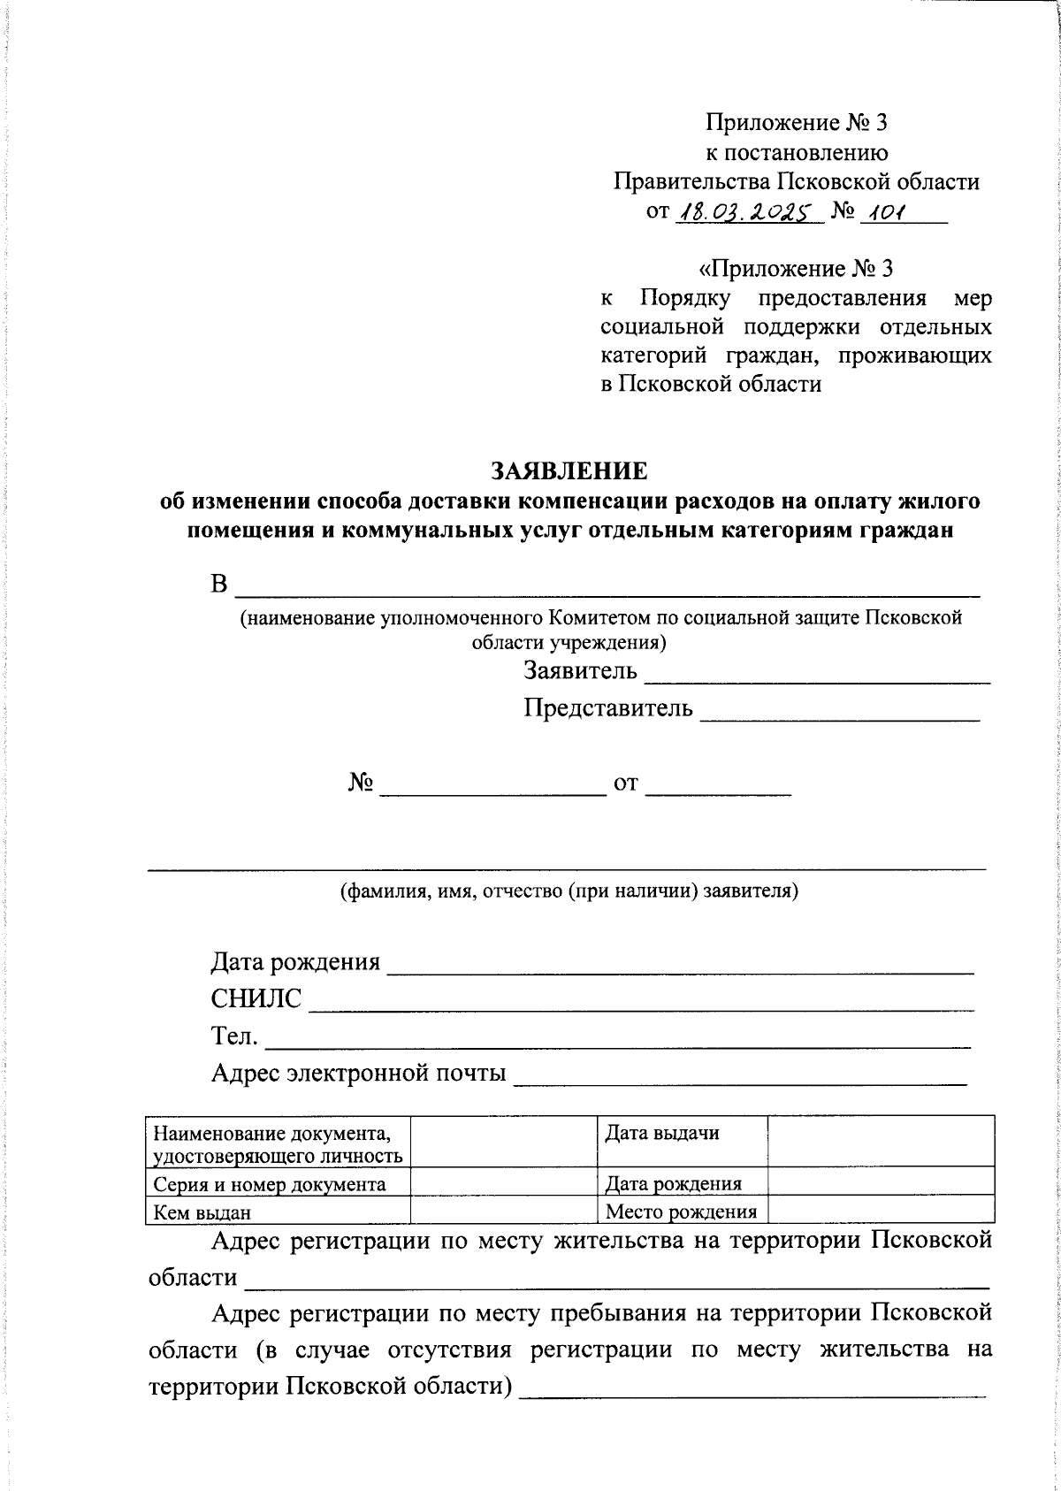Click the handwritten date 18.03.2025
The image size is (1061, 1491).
point(748,212)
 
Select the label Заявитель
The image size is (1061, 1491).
point(580,671)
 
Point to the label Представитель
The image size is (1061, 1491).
point(608,708)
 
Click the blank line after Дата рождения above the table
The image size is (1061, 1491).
point(681,969)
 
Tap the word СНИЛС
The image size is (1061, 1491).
point(256,999)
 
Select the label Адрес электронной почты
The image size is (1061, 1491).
point(358,1074)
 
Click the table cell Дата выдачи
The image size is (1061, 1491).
point(661,1133)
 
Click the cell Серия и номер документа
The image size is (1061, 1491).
point(270,1184)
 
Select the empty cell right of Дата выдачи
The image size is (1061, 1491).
point(881,1141)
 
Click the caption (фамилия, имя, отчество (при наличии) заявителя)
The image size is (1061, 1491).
point(569,891)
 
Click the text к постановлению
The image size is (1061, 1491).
point(796,153)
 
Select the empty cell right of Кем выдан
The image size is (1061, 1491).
point(504,1210)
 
